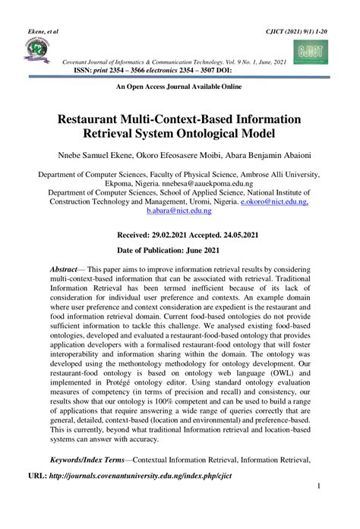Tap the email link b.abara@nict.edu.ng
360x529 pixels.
point(179,214)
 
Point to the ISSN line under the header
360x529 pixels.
point(152,70)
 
